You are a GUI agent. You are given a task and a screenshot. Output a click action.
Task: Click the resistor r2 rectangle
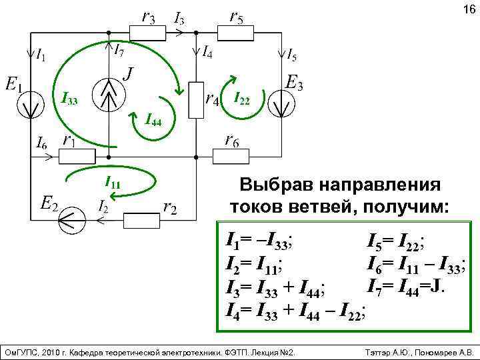pyautogui.click(x=141, y=219)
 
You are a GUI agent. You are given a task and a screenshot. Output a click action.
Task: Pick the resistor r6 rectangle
pyautogui.click(x=231, y=157)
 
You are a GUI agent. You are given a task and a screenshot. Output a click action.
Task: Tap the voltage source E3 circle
pyautogui.click(x=280, y=105)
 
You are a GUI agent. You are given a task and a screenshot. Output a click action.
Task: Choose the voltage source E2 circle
pyautogui.click(x=71, y=219)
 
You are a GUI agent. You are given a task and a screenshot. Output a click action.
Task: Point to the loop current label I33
pyautogui.click(x=69, y=101)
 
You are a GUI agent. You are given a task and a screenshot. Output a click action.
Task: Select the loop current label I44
pyautogui.click(x=154, y=121)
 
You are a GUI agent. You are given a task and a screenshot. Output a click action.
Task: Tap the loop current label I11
pyautogui.click(x=113, y=182)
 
